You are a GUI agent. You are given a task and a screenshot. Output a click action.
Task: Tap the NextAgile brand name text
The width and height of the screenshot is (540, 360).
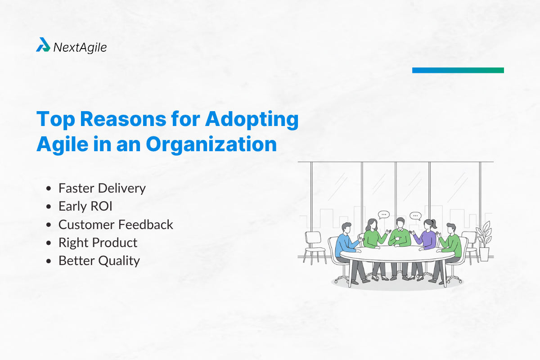pos(80,47)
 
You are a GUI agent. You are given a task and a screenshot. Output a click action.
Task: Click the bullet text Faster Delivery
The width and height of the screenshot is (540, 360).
pos(102,188)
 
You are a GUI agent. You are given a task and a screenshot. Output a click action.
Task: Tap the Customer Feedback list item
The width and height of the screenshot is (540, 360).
pos(116,224)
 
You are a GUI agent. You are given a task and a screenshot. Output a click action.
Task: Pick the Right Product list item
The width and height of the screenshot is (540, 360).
pos(98,243)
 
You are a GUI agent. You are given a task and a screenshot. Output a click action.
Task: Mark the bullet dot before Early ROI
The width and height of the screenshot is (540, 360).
pos(49,207)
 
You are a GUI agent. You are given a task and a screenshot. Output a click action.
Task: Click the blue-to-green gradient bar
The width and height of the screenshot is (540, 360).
pos(458,70)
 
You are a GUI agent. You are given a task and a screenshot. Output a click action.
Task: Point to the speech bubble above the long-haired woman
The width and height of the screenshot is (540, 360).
pos(383,215)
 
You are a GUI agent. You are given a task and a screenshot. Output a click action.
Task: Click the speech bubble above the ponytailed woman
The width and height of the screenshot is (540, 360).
pos(414,216)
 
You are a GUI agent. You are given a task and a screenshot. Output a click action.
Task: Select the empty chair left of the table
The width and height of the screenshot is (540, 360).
pos(314,245)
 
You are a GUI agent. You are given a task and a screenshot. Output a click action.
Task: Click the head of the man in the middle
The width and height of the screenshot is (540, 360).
pos(400,223)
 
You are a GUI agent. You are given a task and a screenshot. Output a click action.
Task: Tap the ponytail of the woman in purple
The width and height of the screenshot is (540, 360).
pos(434,223)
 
